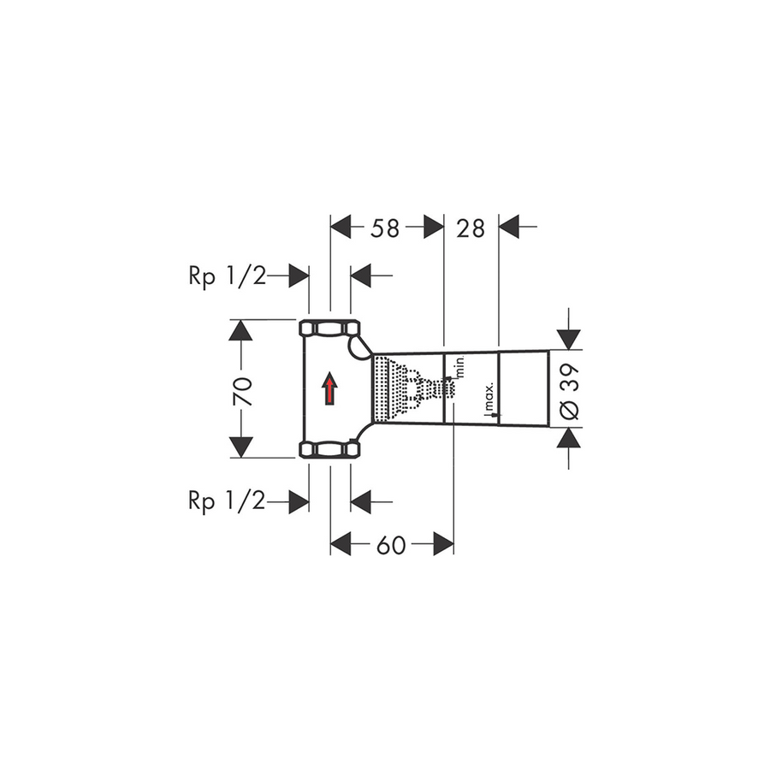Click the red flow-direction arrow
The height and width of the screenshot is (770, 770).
click(x=329, y=388)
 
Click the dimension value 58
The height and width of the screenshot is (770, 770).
click(x=385, y=228)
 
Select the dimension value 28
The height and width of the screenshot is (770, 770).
click(x=471, y=228)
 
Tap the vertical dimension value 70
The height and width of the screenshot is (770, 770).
click(x=243, y=391)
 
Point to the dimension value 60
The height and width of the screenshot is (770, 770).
click(x=391, y=545)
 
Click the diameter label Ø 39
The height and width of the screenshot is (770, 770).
click(x=570, y=391)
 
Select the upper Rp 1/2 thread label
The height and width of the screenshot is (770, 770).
click(x=228, y=276)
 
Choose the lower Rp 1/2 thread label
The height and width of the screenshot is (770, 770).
click(x=227, y=501)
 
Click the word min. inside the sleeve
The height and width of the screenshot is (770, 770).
click(x=460, y=366)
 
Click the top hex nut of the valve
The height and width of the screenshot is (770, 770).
click(x=329, y=328)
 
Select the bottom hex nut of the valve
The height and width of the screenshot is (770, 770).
click(x=329, y=449)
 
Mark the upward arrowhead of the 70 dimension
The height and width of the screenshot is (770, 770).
click(x=240, y=330)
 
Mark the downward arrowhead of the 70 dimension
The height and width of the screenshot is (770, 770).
click(x=240, y=447)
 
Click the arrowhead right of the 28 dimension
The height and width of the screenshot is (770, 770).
click(x=509, y=227)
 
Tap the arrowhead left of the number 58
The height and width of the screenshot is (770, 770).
click(x=341, y=227)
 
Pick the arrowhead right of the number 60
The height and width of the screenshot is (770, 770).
click(x=443, y=543)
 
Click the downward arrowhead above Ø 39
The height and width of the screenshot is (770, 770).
click(x=569, y=340)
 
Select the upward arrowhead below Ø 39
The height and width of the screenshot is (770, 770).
click(x=569, y=438)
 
